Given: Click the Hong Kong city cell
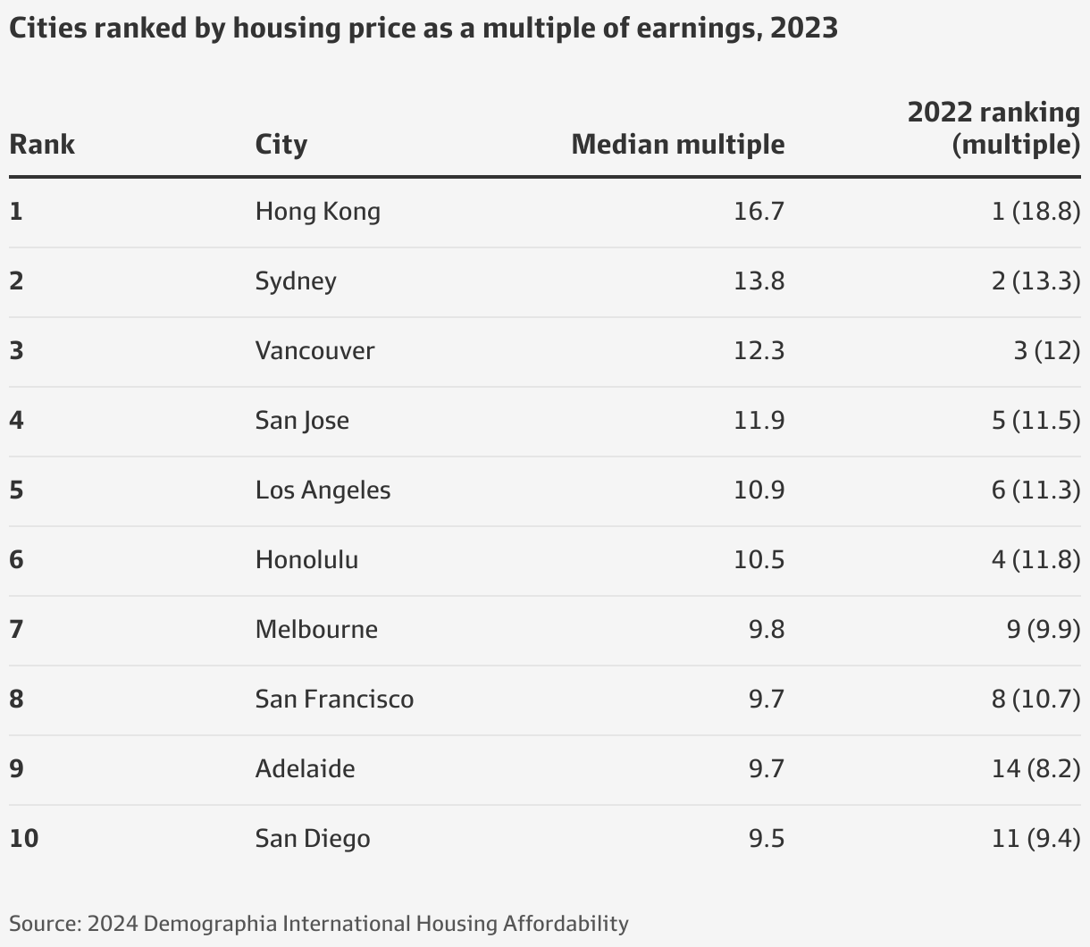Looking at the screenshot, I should point(317,212).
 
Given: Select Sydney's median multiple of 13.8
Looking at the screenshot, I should point(759,281).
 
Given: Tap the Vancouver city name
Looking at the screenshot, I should point(314,350).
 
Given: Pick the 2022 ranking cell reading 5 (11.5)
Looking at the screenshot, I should point(1035,420).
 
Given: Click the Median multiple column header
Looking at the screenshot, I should point(677,144).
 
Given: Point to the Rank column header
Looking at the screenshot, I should point(42,144).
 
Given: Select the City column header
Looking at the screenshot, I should point(281,144).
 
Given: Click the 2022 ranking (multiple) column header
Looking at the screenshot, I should point(994,128).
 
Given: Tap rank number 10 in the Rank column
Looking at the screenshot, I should point(24,839).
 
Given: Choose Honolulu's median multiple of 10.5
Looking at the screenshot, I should point(759,560).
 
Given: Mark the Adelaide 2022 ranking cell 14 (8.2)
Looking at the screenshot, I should point(1035,769).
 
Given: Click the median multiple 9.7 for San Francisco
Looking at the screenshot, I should point(766,700).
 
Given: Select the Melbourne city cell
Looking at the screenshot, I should point(316,630).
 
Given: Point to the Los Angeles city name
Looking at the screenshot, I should point(323,490).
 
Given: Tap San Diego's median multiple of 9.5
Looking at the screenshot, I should point(766,839).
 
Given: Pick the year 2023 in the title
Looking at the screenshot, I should point(803,28).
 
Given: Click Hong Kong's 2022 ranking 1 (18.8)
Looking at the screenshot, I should point(1035,212).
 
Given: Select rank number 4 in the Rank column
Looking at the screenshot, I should point(16,421).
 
